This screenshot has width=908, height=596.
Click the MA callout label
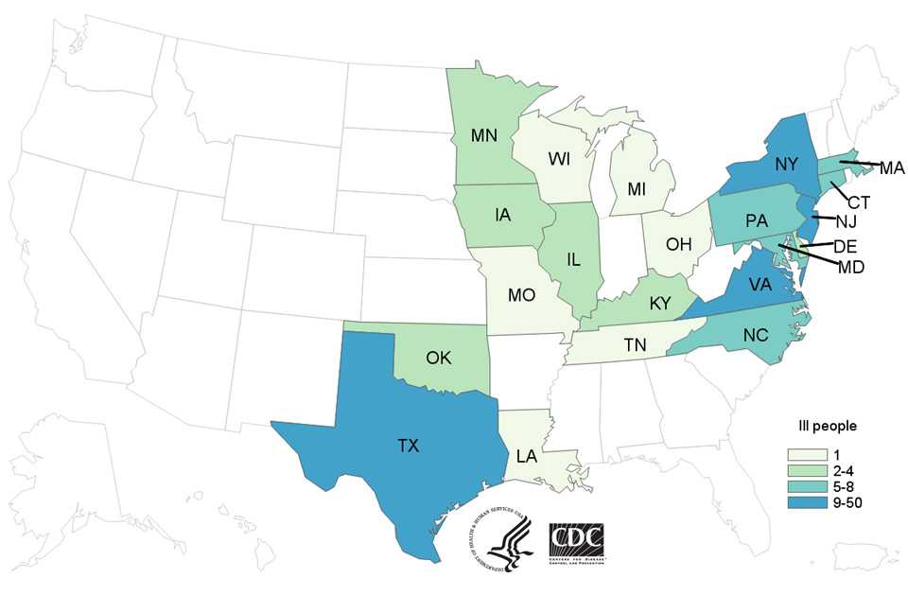[892, 169]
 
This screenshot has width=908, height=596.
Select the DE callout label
[845, 245]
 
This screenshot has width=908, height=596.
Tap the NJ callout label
[846, 222]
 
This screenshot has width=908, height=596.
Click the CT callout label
[859, 202]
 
